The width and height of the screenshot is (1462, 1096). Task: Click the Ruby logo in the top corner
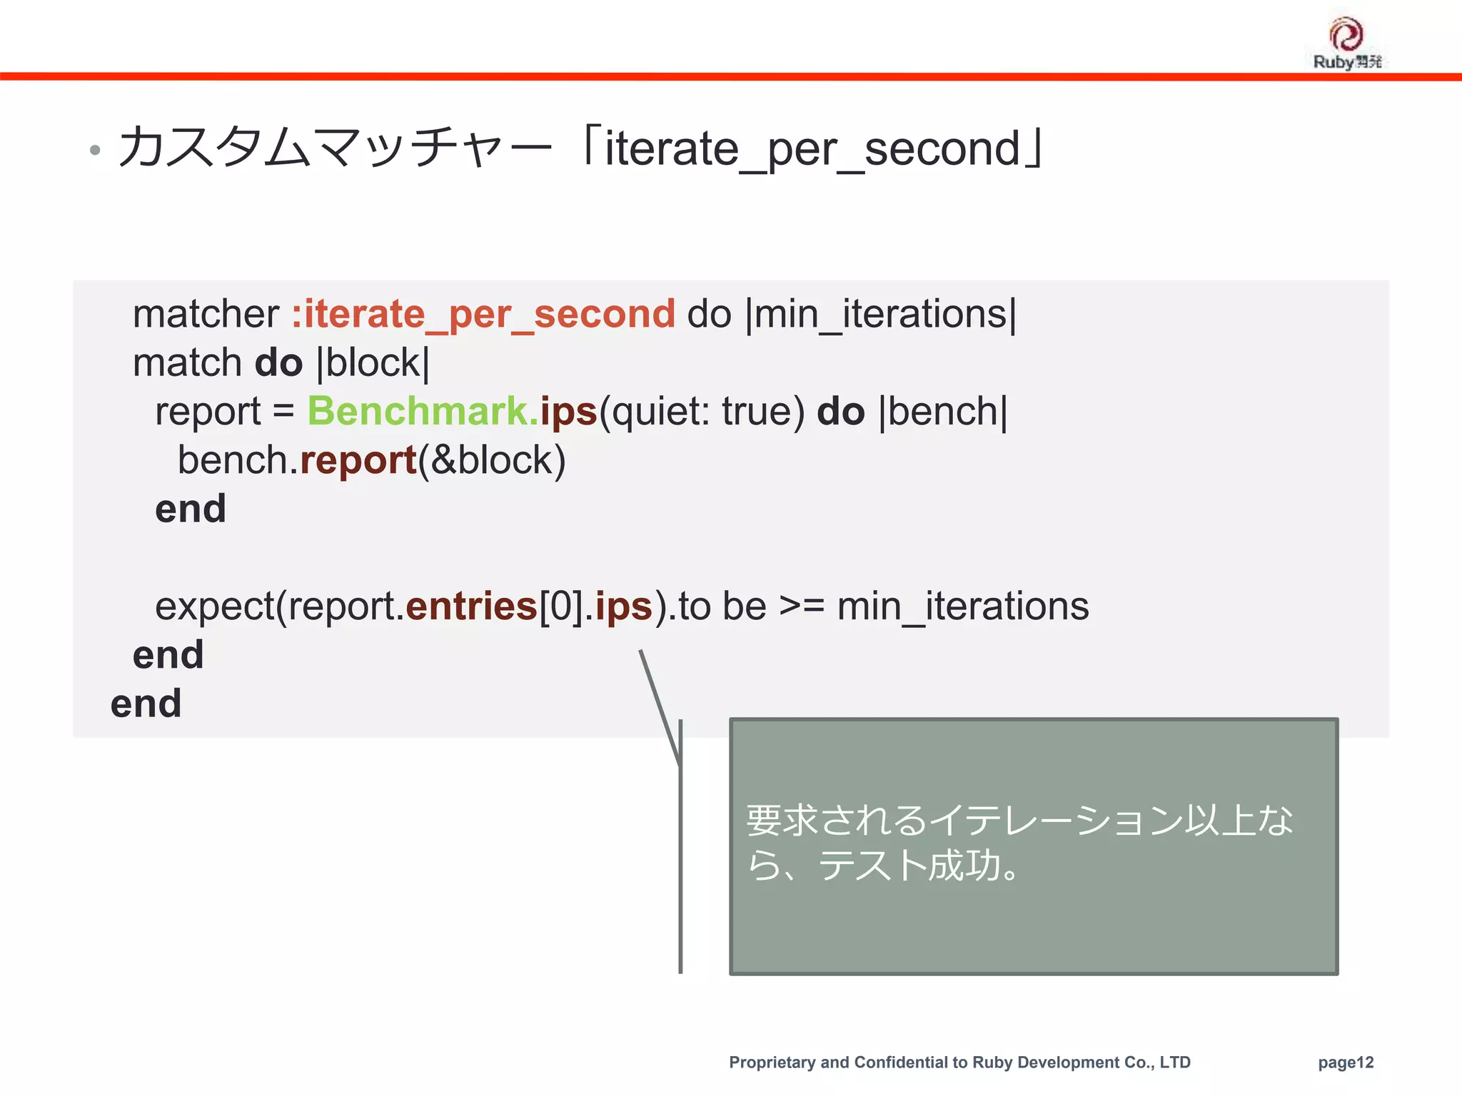point(1346,43)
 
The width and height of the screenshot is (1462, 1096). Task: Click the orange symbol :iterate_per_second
point(483,315)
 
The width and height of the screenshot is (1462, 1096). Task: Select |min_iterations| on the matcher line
point(880,315)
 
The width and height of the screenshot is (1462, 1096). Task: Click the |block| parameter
point(373,363)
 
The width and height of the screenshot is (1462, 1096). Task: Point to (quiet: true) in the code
point(702,412)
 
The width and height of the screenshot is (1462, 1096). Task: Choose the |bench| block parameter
point(943,412)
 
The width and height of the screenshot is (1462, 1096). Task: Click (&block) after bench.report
point(492,460)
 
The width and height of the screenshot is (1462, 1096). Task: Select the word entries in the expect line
point(471,607)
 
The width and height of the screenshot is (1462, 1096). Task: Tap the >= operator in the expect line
point(801,607)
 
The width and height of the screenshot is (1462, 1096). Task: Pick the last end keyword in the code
point(146,704)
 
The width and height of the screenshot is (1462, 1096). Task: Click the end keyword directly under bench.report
point(191,509)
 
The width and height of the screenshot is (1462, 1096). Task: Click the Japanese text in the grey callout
point(1019,843)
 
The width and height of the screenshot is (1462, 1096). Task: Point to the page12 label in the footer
point(1346,1062)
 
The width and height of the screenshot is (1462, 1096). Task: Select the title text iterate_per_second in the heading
point(812,148)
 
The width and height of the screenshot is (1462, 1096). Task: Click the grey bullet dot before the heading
point(95,151)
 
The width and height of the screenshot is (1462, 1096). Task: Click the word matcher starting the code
point(206,315)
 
